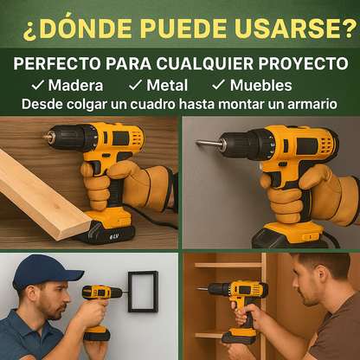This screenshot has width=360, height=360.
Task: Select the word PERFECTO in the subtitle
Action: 55,65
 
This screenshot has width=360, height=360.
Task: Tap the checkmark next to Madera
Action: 37,86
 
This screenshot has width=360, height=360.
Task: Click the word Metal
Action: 167,86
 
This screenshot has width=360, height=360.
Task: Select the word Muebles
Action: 260,86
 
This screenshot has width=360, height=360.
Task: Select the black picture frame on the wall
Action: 142,292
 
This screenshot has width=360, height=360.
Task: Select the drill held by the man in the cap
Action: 101,299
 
